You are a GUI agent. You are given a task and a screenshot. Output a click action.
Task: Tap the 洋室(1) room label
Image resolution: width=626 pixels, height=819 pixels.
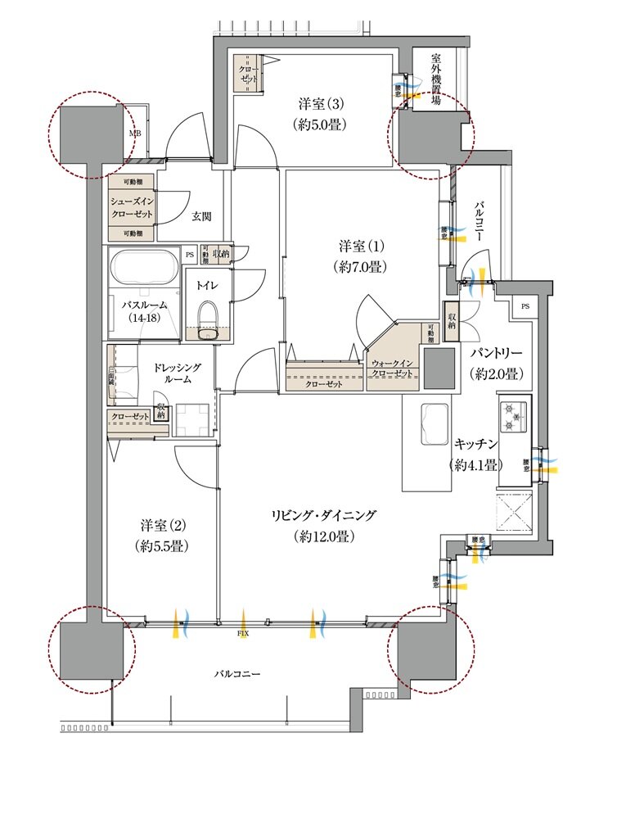click(361, 256)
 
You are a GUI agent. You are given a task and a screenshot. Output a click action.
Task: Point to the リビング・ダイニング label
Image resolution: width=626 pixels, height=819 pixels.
click(324, 525)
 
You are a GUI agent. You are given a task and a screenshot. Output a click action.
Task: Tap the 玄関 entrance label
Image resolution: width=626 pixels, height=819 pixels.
click(202, 216)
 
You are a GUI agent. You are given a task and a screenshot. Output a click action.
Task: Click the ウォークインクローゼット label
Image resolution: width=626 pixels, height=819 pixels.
click(392, 368)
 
